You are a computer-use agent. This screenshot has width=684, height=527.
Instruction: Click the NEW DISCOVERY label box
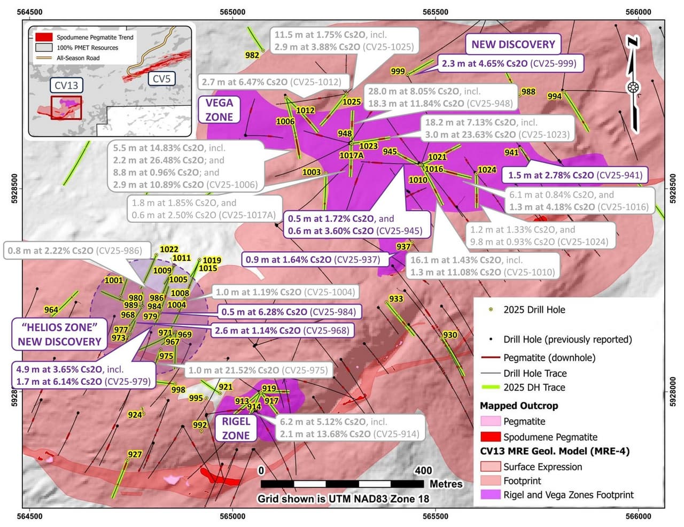coord(512,44)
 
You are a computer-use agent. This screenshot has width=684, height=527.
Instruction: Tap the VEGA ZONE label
coord(219,110)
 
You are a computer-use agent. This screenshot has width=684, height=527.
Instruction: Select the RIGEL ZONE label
coord(236,428)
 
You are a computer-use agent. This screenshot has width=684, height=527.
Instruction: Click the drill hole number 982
coord(252,55)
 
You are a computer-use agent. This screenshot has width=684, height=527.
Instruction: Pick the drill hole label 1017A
coord(352,156)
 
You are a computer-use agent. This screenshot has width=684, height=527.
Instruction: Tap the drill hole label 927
coord(135,454)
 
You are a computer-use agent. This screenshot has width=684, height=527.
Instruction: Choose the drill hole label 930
coord(450,335)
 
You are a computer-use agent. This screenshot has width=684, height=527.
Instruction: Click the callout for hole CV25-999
coord(509,64)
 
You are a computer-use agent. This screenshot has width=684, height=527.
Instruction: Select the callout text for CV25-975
coord(258,370)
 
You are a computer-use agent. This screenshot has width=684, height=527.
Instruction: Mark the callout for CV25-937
coord(313,260)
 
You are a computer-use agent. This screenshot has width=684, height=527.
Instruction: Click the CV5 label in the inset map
coord(161,79)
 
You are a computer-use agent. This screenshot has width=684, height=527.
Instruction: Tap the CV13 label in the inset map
coord(66,85)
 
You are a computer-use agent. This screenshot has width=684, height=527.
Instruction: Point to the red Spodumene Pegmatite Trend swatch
coord(44,37)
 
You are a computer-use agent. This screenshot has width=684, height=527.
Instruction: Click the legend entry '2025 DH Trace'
coord(534,387)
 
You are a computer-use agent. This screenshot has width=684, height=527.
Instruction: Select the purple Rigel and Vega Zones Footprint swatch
coord(490,495)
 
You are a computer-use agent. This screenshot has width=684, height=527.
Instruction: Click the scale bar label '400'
coord(423,471)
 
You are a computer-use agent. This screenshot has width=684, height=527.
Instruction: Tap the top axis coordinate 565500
coord(436,12)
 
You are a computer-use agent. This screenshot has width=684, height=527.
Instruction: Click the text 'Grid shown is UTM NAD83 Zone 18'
coord(343,499)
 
